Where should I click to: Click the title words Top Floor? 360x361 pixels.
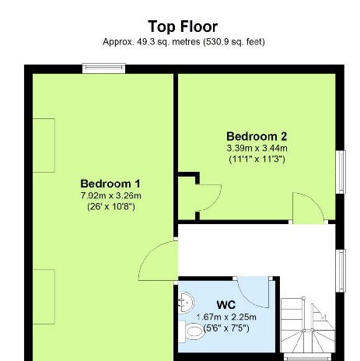tap(183, 26)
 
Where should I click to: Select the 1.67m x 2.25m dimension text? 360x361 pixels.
tap(226, 317)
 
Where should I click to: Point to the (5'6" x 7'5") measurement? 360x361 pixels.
tap(226, 328)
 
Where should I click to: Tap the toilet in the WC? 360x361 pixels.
tap(191, 333)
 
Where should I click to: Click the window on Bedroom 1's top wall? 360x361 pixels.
tap(104, 69)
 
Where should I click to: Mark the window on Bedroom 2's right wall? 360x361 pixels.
tap(340, 170)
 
